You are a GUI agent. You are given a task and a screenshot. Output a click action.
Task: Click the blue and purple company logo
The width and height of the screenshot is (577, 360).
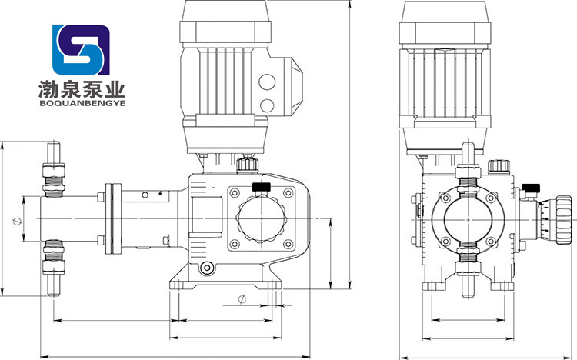pos(81,50)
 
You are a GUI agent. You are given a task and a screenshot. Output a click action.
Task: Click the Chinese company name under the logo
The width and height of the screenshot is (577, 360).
pos(82,90)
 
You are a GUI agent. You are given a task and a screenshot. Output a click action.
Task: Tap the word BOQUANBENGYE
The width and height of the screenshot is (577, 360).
pos(82,103)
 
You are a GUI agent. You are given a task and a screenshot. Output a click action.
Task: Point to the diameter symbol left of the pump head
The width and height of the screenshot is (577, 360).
pos(17,222)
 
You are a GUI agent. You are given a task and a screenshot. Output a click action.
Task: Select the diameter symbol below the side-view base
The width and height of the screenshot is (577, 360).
pos(242,299)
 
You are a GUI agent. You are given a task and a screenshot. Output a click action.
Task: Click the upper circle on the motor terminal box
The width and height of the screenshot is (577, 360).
pos(267,82)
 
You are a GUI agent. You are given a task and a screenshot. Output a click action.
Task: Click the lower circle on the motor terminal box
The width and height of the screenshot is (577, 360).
pos(267,105)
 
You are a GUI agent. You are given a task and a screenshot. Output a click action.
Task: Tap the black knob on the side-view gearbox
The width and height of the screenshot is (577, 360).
pos(262,187)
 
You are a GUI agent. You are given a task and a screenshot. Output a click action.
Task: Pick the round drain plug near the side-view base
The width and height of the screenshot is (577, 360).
pos(207,268)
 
